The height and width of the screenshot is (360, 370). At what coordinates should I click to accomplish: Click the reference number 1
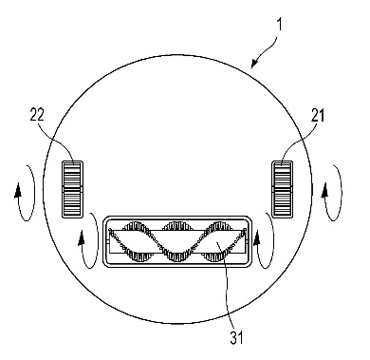tap(279, 24)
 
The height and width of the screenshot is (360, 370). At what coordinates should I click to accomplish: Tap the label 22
tap(37, 115)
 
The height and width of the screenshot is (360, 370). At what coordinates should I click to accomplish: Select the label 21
tap(318, 115)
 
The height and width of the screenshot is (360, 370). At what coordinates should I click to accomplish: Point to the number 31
tap(236, 337)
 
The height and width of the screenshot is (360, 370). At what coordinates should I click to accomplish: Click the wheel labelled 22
tap(72, 189)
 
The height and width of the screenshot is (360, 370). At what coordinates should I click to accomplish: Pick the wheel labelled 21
tap(282, 189)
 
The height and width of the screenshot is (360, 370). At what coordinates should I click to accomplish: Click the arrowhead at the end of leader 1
tap(254, 64)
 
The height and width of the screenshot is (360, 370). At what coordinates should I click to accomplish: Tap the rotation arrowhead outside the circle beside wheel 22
tap(18, 190)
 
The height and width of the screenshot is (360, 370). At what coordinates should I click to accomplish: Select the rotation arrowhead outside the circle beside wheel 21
tap(325, 190)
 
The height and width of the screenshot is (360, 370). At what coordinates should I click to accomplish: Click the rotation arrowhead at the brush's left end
tap(82, 238)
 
